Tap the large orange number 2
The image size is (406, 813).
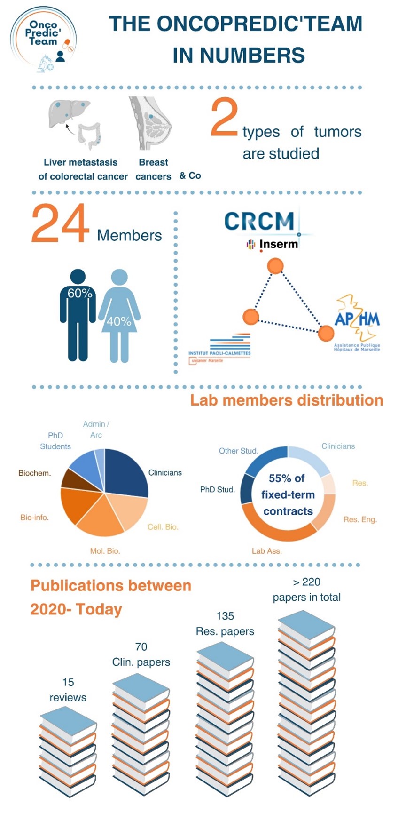[x=224, y=117]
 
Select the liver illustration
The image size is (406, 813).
[x=69, y=113]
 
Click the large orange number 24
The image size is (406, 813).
[x=60, y=223]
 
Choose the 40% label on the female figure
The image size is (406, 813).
[x=119, y=321]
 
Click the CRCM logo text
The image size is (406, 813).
[x=259, y=221]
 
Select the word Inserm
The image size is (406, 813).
[x=278, y=244]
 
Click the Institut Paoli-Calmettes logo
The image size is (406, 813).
[x=219, y=349]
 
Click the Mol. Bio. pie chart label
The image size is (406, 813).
[x=105, y=551]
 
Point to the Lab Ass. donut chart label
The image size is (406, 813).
[x=267, y=551]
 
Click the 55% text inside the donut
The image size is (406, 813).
[x=287, y=478]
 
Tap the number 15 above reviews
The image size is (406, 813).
[x=68, y=682]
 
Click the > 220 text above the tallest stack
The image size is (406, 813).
[x=306, y=582]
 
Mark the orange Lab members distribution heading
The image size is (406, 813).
[x=287, y=400]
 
